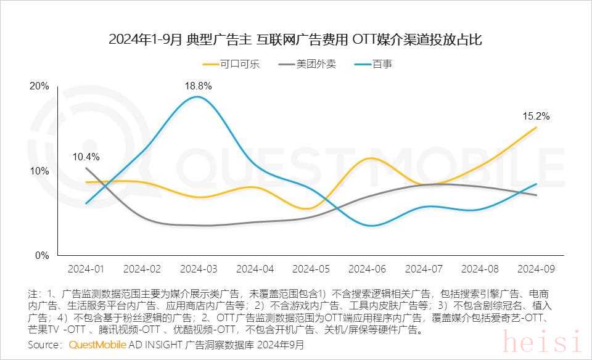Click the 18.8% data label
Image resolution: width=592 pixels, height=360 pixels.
point(198,86)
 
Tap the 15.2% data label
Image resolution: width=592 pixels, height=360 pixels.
point(536,116)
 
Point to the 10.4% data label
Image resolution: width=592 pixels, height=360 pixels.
point(86,157)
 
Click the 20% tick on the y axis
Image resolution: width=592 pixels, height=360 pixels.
point(39,86)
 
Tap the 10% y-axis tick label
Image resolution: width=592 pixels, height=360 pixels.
point(39,171)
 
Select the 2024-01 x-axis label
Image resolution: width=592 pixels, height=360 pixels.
point(86,269)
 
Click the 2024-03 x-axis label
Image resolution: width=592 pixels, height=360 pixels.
point(199,269)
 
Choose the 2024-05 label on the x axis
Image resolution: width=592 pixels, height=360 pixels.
point(311,269)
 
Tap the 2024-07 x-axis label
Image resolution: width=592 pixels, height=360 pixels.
point(424,269)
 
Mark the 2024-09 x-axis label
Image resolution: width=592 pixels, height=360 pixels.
point(536,269)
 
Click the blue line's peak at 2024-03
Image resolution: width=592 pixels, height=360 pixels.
point(197,97)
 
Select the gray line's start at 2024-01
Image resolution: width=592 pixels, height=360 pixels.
point(86,168)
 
